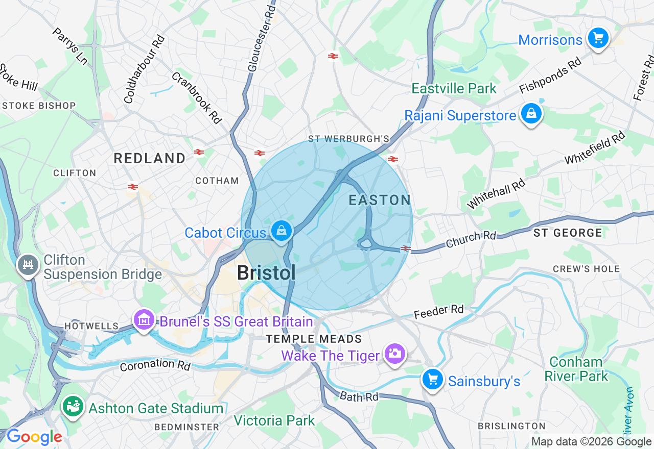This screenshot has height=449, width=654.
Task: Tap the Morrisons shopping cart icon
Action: coord(598,38)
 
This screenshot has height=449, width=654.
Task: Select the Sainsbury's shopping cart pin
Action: coord(433,379)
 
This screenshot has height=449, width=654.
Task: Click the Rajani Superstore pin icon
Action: coord(531,114)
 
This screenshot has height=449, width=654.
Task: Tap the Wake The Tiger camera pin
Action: coord(394,353)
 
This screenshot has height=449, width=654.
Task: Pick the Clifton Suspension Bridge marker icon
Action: coord(28,264)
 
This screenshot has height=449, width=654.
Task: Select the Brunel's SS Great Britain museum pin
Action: coord(144,319)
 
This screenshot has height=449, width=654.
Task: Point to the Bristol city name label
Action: coord(266,273)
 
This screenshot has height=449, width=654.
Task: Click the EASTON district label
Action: coord(380,200)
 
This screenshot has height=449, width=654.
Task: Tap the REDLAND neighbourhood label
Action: coord(150,158)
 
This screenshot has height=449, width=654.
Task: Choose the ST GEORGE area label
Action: coord(568,233)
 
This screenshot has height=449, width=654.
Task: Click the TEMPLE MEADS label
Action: coord(314,339)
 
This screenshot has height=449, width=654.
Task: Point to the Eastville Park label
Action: coord(454,88)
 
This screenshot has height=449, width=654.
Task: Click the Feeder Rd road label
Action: coord(438,311)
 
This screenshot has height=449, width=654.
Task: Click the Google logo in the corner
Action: coord(34,437)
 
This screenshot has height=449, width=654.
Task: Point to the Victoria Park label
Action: coord(274,420)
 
